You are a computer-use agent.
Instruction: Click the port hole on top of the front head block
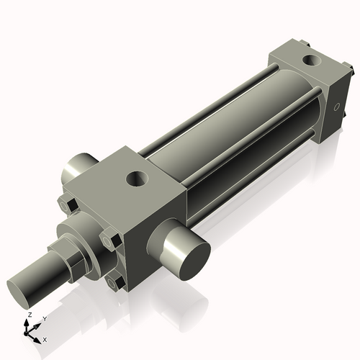point(135,176)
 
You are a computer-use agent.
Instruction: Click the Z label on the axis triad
point(29,315)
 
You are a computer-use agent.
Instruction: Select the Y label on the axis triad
point(44,318)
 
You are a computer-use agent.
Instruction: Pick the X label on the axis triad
point(45,338)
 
